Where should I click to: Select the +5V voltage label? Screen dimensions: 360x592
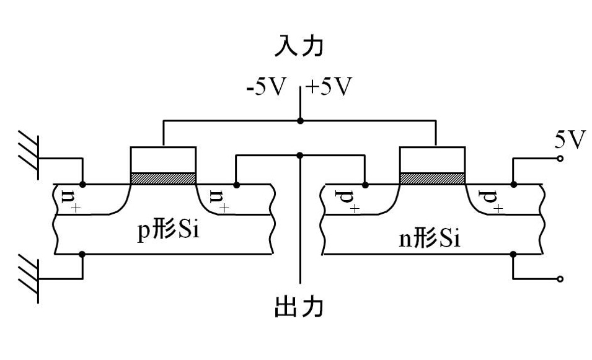tap(329, 87)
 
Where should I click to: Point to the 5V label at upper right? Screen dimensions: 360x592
tap(568, 141)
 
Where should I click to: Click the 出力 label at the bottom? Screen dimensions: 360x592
tap(299, 307)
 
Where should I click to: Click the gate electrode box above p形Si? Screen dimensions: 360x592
tap(164, 160)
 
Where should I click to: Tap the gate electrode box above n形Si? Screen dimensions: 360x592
tap(433, 160)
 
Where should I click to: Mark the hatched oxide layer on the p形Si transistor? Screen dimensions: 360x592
tap(164, 178)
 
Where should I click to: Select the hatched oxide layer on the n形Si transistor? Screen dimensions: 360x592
tap(433, 178)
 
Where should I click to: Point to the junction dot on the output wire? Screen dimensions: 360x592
tap(300, 155)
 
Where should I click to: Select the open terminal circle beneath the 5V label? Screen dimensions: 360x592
tap(560, 159)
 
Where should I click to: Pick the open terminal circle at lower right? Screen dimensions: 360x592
tap(560, 279)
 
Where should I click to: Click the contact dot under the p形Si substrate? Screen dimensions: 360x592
tap(83, 254)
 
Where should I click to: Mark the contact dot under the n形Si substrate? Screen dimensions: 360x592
tap(513, 254)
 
